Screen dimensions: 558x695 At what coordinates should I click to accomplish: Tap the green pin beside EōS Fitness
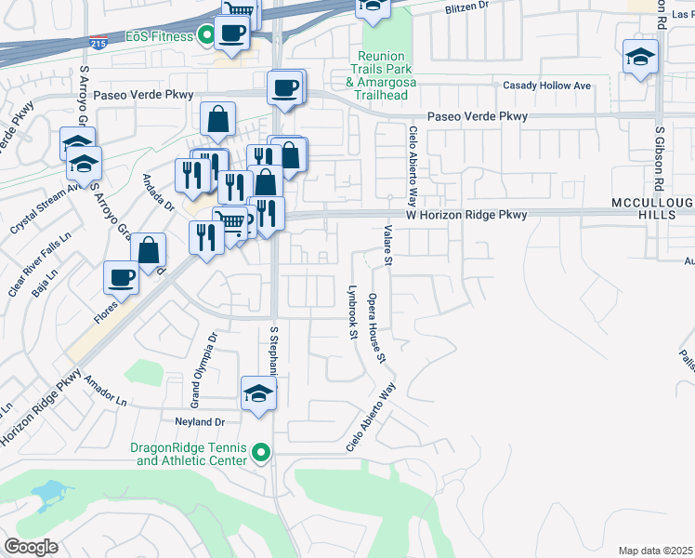203,37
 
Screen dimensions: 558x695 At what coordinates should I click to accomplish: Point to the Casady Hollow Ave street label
546,86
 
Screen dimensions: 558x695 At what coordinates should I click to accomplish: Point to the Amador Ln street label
105,392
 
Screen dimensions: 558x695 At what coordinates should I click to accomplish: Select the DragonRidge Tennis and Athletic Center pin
261,453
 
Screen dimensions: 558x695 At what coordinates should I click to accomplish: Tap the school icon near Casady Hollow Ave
640,58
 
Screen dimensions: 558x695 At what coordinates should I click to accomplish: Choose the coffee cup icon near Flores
123,277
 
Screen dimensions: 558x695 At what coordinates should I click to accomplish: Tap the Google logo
31,547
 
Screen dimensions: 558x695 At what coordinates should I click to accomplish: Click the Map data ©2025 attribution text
655,551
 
